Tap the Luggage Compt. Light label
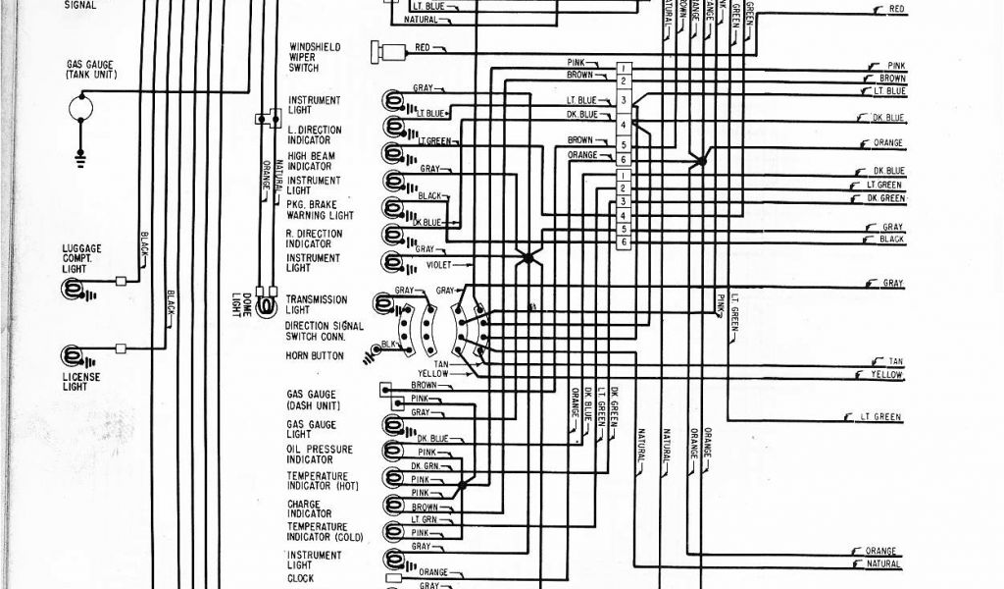[81, 259]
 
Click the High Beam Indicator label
[314, 161]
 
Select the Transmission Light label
[317, 304]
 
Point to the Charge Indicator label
[309, 509]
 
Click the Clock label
[300, 577]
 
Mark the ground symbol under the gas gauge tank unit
[80, 151]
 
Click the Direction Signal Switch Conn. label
[324, 331]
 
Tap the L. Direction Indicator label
[314, 134]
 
